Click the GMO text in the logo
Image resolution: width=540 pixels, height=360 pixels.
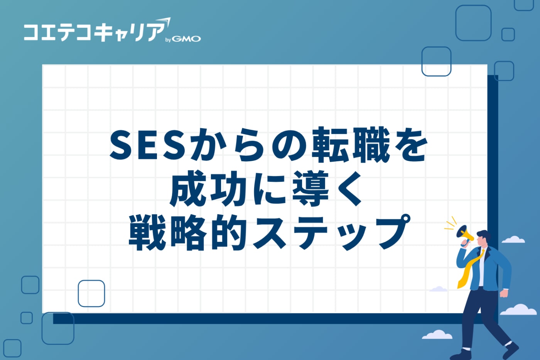[x=186, y=39]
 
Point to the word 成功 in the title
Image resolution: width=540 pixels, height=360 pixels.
[x=208, y=189]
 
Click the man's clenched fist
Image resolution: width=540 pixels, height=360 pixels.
[x=504, y=293]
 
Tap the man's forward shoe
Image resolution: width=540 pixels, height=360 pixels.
[x=511, y=350]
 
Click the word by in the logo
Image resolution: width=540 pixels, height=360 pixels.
[x=168, y=40]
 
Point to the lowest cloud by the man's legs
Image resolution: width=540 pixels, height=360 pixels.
[x=437, y=335]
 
